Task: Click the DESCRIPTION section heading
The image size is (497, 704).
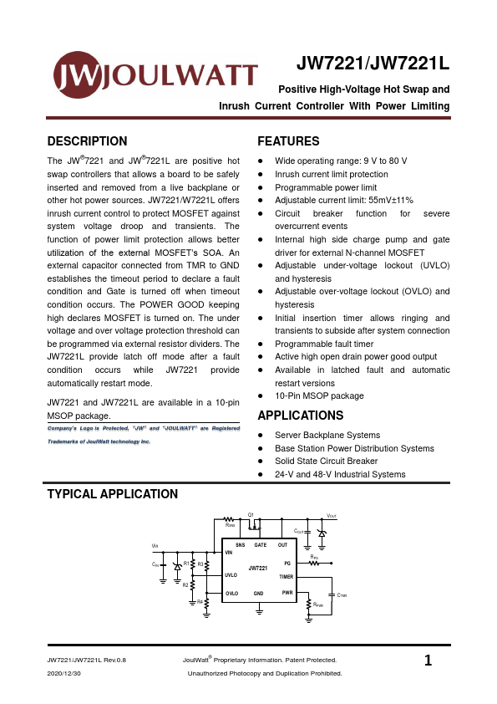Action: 88,141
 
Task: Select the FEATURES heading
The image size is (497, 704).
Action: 288,141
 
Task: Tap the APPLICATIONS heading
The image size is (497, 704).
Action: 300,416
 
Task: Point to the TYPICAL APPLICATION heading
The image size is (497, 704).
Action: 113,494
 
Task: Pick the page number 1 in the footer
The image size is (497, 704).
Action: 429,661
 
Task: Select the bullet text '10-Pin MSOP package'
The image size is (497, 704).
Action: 319,395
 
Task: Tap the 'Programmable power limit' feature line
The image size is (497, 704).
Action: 326,187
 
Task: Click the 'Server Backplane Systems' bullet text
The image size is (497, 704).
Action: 327,435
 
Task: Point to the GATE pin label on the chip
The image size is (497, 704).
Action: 260,544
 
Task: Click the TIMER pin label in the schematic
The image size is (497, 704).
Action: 286,577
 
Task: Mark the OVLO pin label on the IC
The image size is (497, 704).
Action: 231,593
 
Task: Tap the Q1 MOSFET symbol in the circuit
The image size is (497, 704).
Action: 253,523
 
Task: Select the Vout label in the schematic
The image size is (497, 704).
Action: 331,516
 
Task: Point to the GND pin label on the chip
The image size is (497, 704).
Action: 259,593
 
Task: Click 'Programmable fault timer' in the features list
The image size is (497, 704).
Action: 324,344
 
